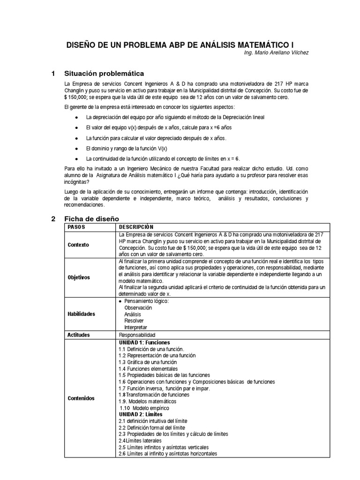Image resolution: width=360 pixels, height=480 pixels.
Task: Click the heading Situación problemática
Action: [x=104, y=74]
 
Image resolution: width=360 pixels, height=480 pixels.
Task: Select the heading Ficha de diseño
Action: [x=91, y=219]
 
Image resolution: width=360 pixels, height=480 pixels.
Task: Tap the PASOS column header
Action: [x=77, y=227]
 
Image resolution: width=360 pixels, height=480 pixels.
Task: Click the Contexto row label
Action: [x=78, y=245]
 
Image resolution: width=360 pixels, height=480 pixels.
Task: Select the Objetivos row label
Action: [x=79, y=277]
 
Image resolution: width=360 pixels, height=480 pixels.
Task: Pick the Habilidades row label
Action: [x=81, y=314]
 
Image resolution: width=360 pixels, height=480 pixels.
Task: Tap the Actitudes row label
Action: [x=79, y=335]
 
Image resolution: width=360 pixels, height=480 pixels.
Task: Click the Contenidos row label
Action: [x=81, y=398]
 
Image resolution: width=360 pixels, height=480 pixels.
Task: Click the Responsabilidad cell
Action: [x=137, y=336]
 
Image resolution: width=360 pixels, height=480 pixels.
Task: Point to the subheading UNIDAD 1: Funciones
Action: [x=144, y=343]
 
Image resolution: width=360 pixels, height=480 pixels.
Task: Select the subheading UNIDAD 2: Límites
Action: [x=141, y=415]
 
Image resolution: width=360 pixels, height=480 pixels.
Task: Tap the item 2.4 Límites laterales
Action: [x=140, y=441]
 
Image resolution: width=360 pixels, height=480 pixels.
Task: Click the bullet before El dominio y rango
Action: [x=77, y=148]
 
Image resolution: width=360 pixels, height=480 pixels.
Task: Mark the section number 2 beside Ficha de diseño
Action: [x=53, y=219]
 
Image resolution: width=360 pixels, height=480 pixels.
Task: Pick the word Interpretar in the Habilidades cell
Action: [x=135, y=327]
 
